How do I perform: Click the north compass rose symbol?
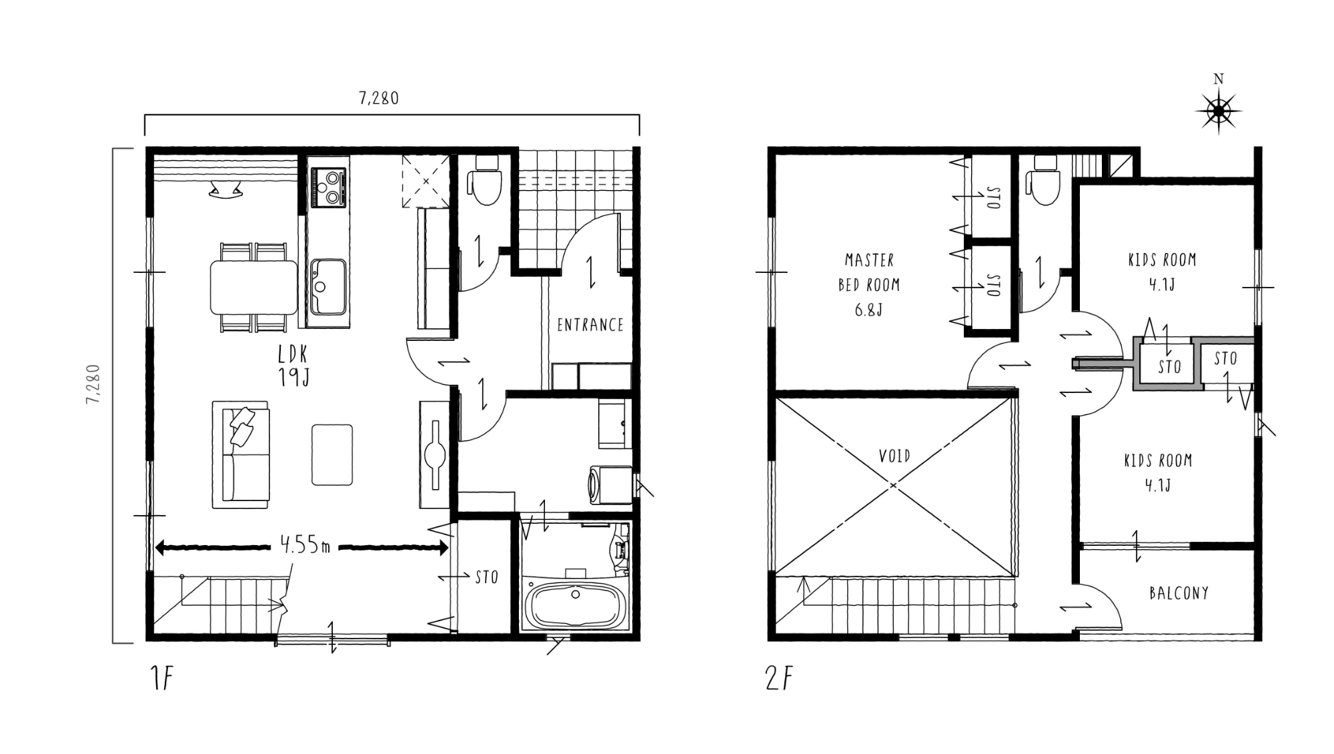[x=1218, y=111]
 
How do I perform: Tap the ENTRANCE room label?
[x=590, y=325]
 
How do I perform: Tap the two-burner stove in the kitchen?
[x=328, y=187]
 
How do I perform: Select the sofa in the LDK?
[x=241, y=454]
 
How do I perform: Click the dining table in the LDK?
[x=254, y=287]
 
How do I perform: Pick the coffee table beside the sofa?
[x=332, y=454]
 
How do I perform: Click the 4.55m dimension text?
[x=305, y=545]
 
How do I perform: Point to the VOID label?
[x=894, y=456]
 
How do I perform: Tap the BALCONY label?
[x=1179, y=593]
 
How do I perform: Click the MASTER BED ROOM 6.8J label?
[x=869, y=285]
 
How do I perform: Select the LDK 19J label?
[x=293, y=366]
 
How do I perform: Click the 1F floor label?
[x=162, y=679]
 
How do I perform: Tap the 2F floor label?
[x=780, y=679]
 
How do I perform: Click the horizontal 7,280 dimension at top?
[x=379, y=98]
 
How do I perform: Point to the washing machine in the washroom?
[x=610, y=484]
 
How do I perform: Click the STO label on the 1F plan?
[x=487, y=577]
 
